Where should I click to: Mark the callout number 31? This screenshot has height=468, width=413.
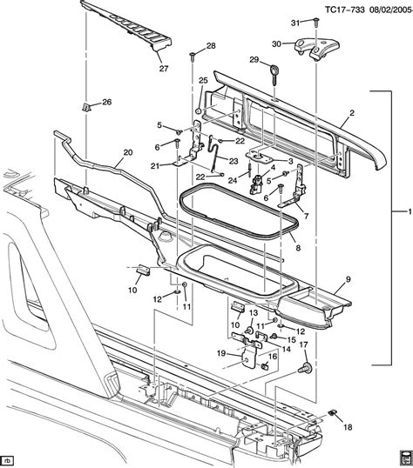coord(294,23)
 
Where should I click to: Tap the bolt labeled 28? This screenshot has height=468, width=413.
coord(190,57)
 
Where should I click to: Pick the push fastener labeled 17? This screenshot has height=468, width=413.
coord(305,369)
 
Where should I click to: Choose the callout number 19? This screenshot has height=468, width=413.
coord(222,353)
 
